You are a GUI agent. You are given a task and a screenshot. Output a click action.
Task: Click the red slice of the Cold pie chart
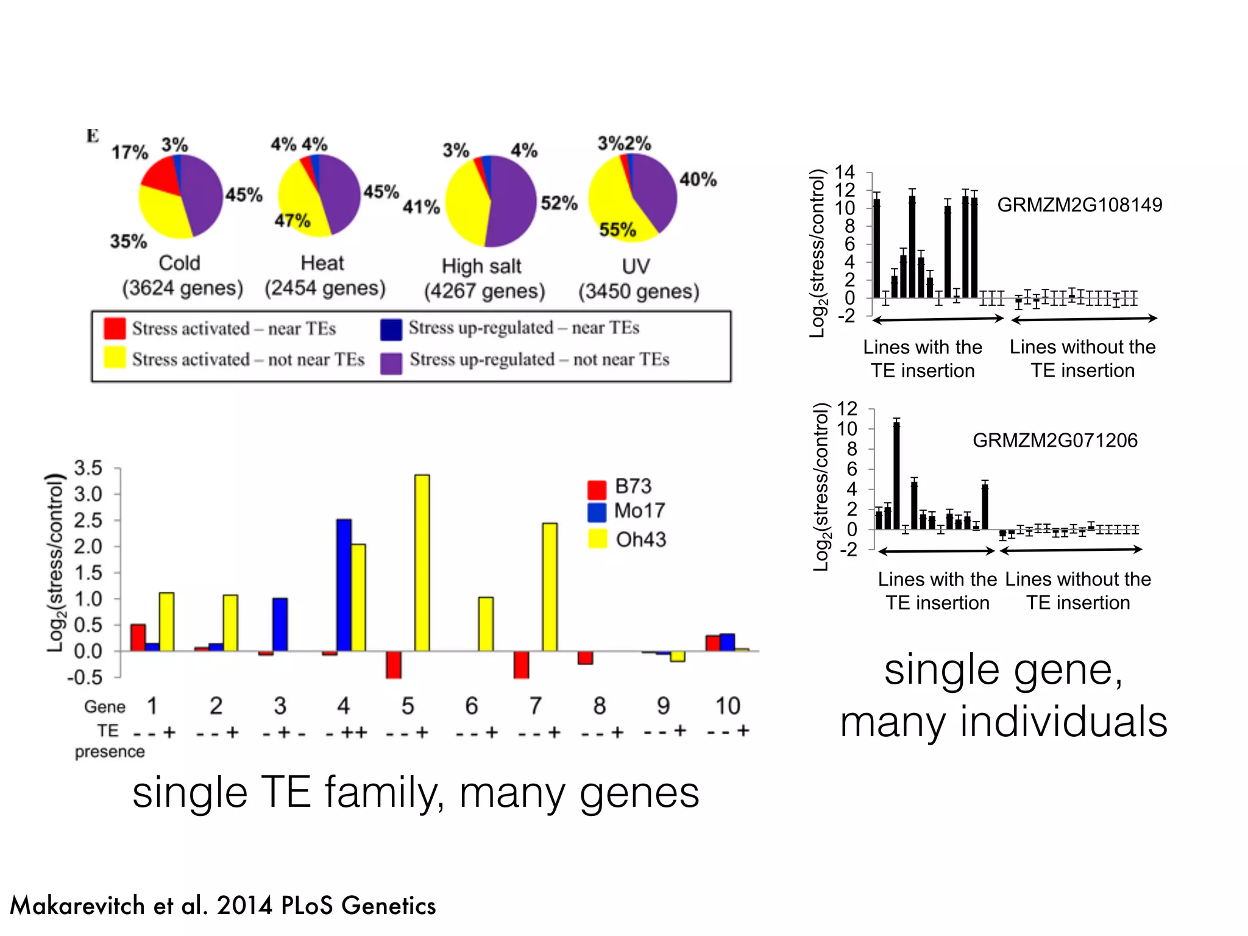pyautogui.click(x=160, y=177)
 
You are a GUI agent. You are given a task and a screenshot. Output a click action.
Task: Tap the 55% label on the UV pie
pyautogui.click(x=617, y=230)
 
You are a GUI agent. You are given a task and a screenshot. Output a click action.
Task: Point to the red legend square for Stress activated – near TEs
pyautogui.click(x=115, y=328)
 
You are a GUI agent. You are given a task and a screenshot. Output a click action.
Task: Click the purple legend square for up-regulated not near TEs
pyautogui.click(x=391, y=363)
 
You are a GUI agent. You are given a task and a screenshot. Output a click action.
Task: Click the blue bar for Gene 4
pyautogui.click(x=344, y=585)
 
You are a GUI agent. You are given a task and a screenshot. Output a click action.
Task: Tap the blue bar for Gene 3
pyautogui.click(x=280, y=624)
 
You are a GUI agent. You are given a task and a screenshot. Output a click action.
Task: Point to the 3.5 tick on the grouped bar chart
pyautogui.click(x=88, y=468)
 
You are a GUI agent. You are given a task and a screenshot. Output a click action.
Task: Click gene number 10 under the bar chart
pyautogui.click(x=728, y=706)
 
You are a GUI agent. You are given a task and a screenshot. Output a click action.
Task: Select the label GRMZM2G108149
pyautogui.click(x=1079, y=205)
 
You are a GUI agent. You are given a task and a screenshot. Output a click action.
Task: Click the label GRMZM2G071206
pyautogui.click(x=1055, y=440)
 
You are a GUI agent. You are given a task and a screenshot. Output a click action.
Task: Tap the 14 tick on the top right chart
pyautogui.click(x=845, y=172)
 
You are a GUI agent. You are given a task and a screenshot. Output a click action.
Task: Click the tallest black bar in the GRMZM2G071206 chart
pyautogui.click(x=896, y=475)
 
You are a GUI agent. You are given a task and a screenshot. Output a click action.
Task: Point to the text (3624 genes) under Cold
pyautogui.click(x=182, y=288)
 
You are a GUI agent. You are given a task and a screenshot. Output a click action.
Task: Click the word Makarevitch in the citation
pyautogui.click(x=78, y=906)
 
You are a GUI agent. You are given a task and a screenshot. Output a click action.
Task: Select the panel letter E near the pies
pyautogui.click(x=93, y=135)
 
